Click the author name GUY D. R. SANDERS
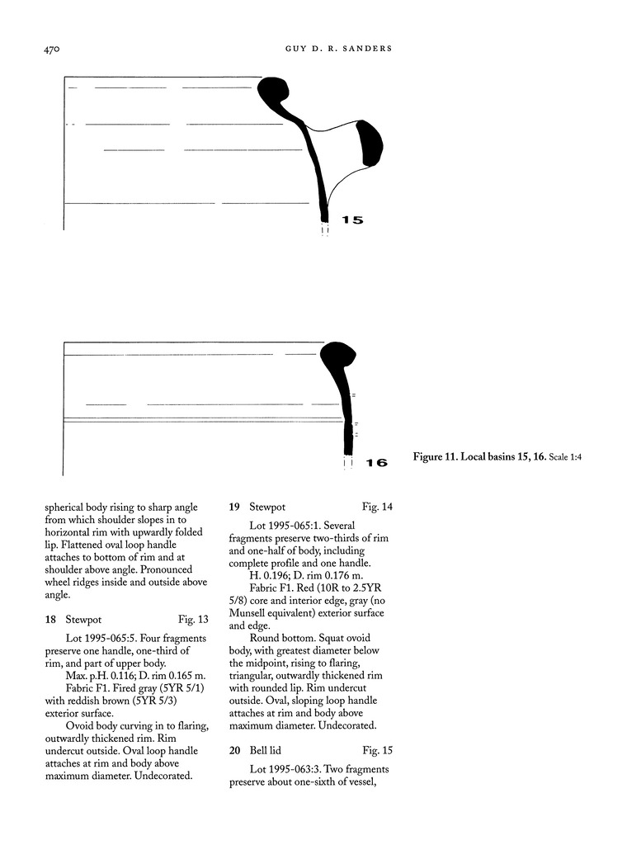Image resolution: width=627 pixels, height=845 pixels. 332,50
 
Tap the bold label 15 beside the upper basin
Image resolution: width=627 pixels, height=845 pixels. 352,220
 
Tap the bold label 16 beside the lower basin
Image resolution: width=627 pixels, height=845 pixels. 375,464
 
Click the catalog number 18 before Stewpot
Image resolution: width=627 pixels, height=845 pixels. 50,618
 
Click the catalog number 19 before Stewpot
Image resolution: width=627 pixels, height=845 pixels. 234,506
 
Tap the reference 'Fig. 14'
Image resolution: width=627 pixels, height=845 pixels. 377,506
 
